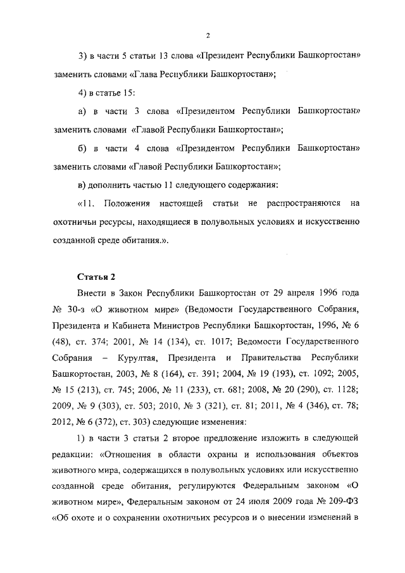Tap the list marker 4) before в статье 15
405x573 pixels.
[x=82, y=94]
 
